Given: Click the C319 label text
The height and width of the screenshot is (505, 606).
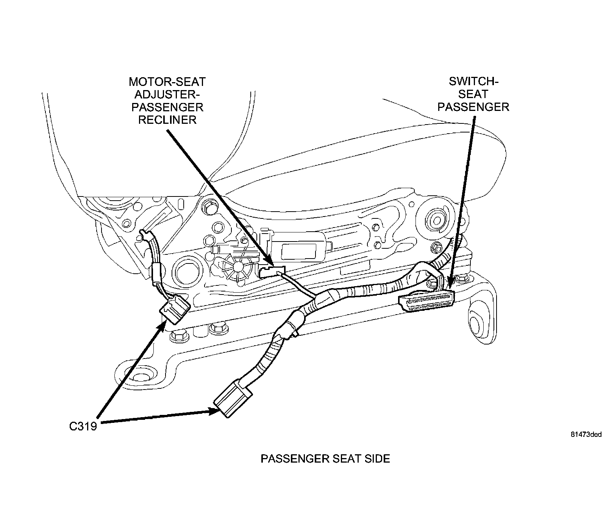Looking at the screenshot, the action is [83, 426].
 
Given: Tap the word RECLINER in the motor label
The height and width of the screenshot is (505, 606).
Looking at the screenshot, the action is [167, 120].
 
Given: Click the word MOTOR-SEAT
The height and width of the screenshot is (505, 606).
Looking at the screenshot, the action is [167, 81].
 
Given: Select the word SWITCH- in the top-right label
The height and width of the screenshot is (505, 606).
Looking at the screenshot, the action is [473, 81].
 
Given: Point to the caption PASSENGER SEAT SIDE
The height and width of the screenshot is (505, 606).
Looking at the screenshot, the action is [325, 459].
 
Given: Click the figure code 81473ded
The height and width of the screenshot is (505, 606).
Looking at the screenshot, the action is [586, 435].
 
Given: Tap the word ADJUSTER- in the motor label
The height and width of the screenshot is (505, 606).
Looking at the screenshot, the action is [167, 94].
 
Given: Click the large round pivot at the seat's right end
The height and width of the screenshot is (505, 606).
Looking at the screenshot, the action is [435, 219].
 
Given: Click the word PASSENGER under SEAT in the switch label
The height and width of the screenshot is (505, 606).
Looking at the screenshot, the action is [473, 107].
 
